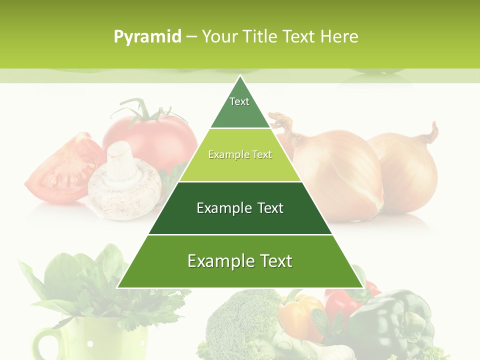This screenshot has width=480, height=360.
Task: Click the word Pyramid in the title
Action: click(147, 37)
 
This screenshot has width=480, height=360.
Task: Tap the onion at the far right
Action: click(410, 170)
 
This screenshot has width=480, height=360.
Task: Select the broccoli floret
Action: click(240, 320)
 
